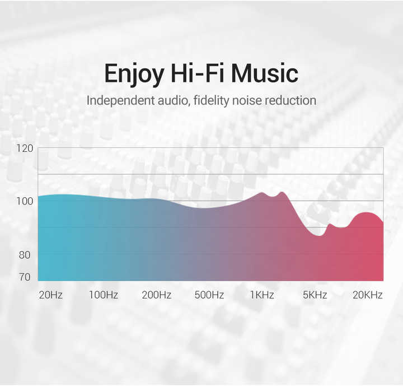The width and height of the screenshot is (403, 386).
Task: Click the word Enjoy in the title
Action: pos(134,75)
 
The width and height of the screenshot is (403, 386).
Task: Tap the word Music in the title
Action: pos(265,73)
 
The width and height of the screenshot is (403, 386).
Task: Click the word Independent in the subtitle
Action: pos(121,100)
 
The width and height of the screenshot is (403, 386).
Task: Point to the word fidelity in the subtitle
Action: pos(211,101)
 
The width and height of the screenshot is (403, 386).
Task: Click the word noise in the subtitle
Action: pos(247,101)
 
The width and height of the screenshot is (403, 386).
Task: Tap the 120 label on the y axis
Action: pos(25,148)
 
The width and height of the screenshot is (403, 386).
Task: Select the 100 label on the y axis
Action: pos(25,201)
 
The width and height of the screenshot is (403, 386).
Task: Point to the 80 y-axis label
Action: pos(25,255)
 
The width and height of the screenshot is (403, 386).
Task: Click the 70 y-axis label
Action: pos(25,277)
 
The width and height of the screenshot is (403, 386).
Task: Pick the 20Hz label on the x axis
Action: pos(50,295)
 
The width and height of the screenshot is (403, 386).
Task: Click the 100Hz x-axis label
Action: pos(104,295)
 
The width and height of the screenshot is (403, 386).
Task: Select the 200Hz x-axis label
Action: pos(157,295)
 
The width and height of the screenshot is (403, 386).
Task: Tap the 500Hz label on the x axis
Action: pos(209,295)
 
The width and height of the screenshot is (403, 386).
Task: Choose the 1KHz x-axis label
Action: pos(262,295)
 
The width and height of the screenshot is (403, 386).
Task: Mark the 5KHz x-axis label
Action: pos(315,295)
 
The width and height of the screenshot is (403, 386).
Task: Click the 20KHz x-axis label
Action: pos(368,295)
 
